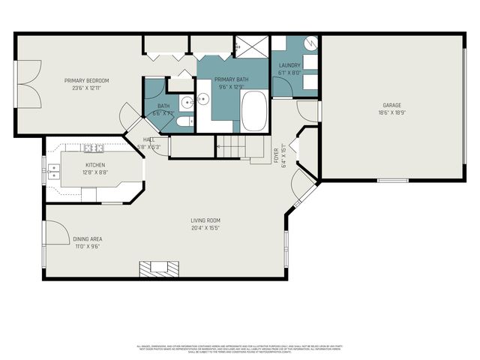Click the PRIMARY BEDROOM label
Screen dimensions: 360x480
point(86,80)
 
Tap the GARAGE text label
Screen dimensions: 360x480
point(392,105)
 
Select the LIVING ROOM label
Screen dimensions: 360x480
point(204,220)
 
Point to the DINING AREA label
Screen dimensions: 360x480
point(86,239)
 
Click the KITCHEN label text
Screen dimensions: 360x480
point(95,165)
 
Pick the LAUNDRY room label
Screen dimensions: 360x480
point(289,66)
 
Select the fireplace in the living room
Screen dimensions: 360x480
point(159,268)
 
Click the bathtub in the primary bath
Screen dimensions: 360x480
point(254,110)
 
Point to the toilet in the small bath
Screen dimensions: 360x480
point(185,121)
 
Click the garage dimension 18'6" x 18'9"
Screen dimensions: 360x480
point(392,112)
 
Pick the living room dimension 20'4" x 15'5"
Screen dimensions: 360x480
point(204,227)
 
